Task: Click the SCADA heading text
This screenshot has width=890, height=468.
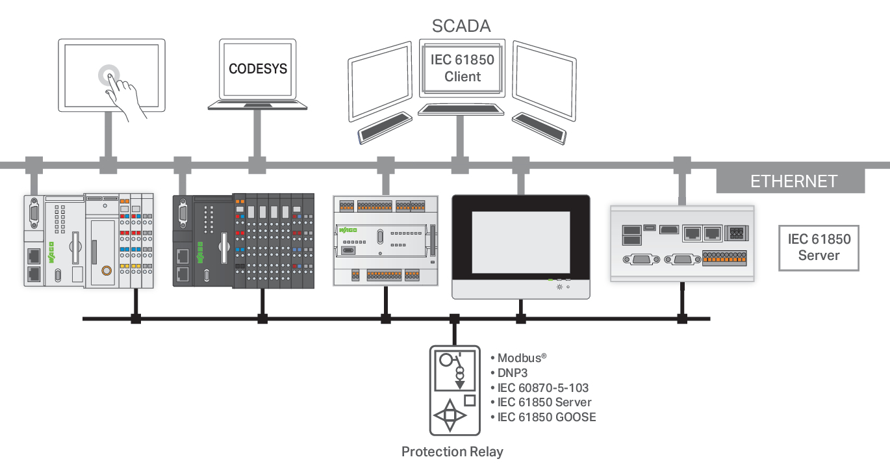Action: (x=461, y=26)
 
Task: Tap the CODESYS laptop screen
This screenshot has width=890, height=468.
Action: (x=257, y=69)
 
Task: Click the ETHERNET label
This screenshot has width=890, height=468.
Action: (x=794, y=181)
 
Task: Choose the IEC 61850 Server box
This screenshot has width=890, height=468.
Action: (x=819, y=248)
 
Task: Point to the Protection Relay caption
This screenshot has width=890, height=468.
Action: (x=452, y=452)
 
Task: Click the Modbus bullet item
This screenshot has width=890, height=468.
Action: (x=527, y=358)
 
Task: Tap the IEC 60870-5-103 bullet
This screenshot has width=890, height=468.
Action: (x=543, y=388)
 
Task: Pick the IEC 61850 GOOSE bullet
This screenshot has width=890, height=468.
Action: (x=546, y=417)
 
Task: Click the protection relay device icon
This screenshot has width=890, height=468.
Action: (x=455, y=390)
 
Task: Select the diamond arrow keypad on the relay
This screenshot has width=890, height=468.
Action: (x=450, y=417)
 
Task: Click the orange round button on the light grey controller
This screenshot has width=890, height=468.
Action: (x=105, y=270)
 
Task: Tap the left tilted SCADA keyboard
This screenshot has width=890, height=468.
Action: (x=385, y=128)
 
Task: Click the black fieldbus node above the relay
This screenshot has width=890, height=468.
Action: (x=455, y=318)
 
